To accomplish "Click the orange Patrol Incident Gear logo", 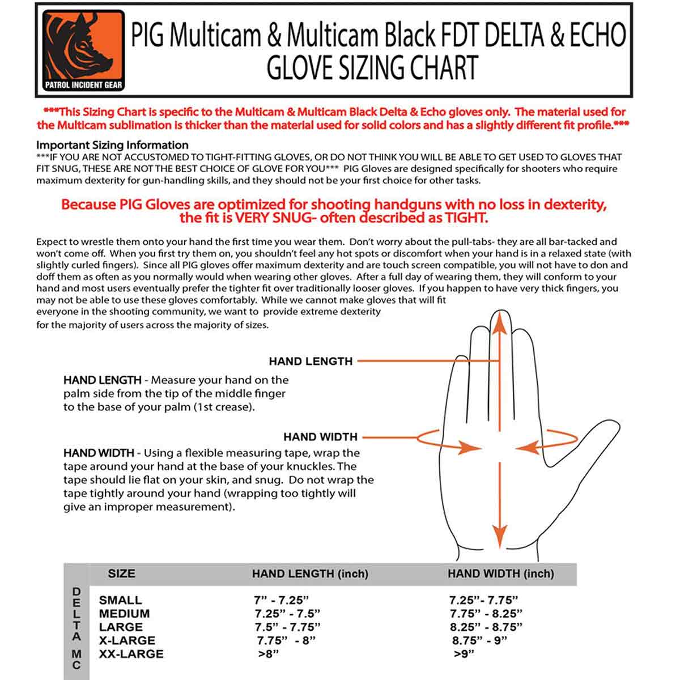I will (84, 50).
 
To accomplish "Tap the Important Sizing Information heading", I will (112, 145).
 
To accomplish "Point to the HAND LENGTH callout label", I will (311, 361).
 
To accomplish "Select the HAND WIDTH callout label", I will (320, 437).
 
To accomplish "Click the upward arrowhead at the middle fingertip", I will (499, 320).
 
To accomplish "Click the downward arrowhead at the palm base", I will (499, 534).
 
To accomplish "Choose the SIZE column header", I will (121, 573).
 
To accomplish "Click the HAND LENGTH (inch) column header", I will (310, 574).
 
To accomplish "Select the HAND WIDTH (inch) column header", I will (500, 574).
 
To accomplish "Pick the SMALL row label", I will (120, 600).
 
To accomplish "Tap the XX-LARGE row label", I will (131, 654).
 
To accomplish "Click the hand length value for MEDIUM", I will (287, 614).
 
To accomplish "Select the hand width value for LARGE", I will (486, 627).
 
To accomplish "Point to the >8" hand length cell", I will (269, 654).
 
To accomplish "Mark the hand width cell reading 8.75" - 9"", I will (479, 641).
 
